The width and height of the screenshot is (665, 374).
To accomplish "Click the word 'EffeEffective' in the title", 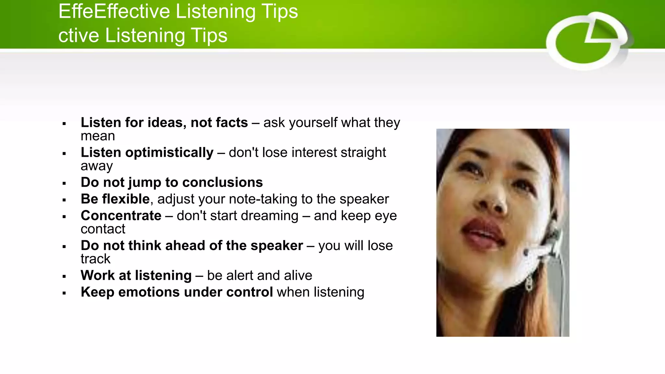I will point(114,12).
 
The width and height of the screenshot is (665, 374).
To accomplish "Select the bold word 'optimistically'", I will point(169,153).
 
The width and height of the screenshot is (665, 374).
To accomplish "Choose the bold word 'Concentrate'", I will point(121,216).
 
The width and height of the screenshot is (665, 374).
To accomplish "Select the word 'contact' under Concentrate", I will point(103,229).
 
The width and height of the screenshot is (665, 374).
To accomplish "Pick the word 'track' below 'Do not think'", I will point(95,259).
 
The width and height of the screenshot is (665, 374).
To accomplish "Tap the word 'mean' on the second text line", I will point(98,136).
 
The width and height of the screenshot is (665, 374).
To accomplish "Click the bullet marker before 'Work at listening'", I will point(64,277).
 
